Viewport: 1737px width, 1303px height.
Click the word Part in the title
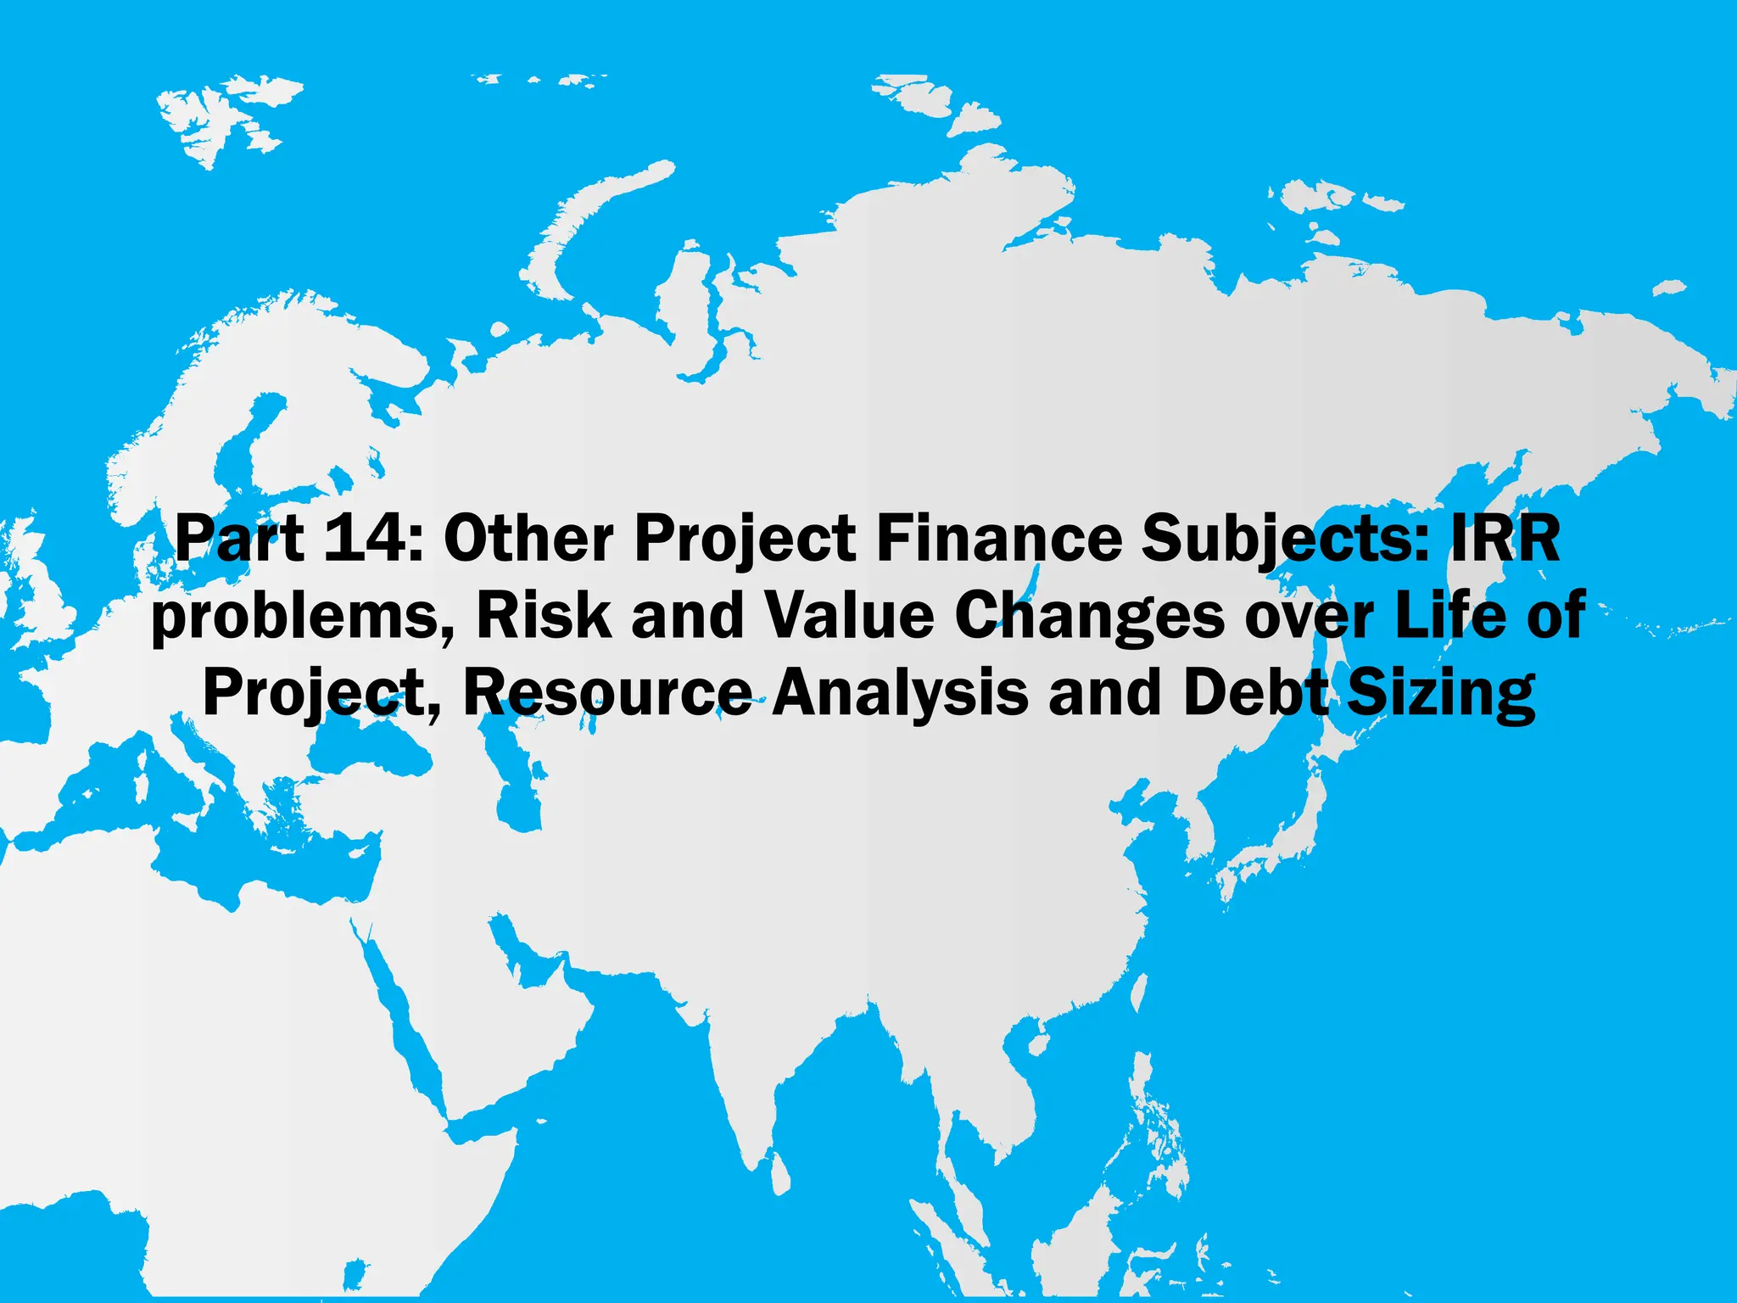[x=239, y=539]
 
